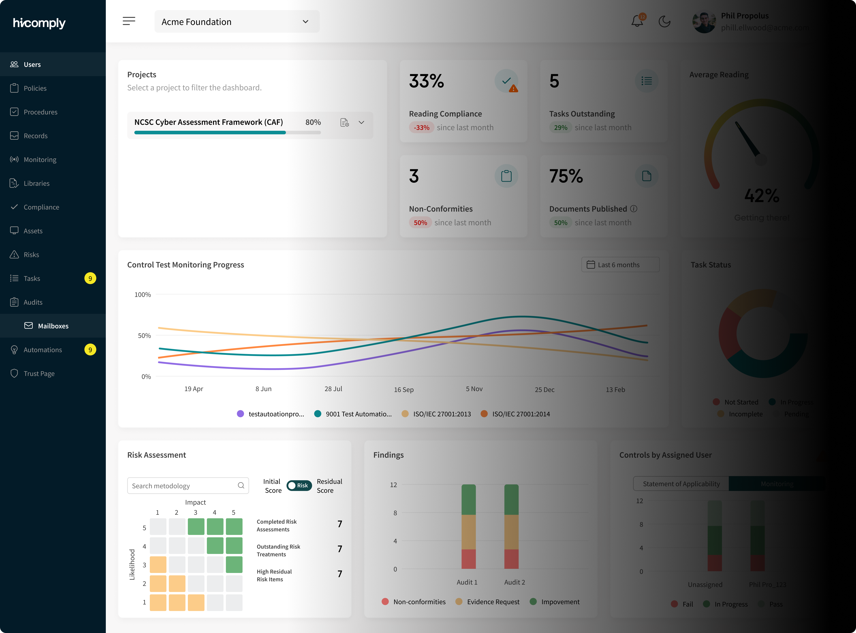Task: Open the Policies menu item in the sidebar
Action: tap(35, 88)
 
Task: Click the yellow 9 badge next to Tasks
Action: tap(90, 279)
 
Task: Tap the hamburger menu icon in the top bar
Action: tap(129, 21)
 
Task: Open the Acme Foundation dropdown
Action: tap(237, 22)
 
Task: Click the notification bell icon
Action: tap(637, 21)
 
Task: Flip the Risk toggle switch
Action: tap(299, 485)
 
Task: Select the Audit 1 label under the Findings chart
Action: tap(467, 582)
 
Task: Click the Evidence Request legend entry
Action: tap(493, 601)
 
